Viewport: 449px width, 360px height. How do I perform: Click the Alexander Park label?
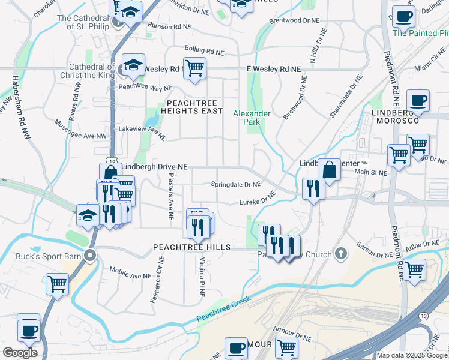point(252,117)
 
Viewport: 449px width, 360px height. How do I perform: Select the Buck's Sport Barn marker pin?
point(90,255)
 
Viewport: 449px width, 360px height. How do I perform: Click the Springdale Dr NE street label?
point(236,184)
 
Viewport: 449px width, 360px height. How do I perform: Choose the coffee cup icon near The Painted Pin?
point(403,16)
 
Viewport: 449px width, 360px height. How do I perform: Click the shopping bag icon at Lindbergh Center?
point(329,169)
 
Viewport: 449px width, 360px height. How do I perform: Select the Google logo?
point(19,352)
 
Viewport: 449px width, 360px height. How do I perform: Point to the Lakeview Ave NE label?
point(142,133)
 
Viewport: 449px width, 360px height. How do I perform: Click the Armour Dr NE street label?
point(292,334)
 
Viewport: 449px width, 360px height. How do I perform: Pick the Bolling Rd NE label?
point(203,49)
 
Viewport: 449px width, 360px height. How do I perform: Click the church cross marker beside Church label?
point(342,253)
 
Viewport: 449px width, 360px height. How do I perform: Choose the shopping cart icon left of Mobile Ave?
point(58,283)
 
